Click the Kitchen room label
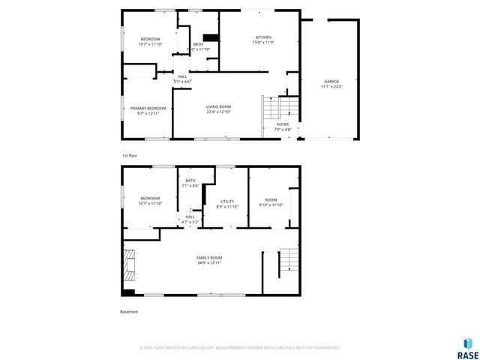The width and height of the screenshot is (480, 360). (263, 37)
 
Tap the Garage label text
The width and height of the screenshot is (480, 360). (331, 81)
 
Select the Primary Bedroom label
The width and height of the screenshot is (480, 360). (148, 108)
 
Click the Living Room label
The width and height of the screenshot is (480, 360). (218, 107)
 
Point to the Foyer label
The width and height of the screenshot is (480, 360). (282, 124)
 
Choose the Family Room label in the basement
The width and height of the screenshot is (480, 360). (209, 257)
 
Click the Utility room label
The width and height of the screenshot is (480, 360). (226, 201)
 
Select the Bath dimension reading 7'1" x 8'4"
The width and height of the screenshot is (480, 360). (190, 186)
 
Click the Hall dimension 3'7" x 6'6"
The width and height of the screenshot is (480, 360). (181, 81)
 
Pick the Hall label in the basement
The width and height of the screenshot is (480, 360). (190, 216)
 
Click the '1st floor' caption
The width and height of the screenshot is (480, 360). (130, 155)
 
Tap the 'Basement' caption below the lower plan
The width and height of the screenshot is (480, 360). (129, 312)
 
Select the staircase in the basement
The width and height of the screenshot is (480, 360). (289, 261)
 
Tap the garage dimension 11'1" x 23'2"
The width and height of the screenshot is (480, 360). (331, 86)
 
